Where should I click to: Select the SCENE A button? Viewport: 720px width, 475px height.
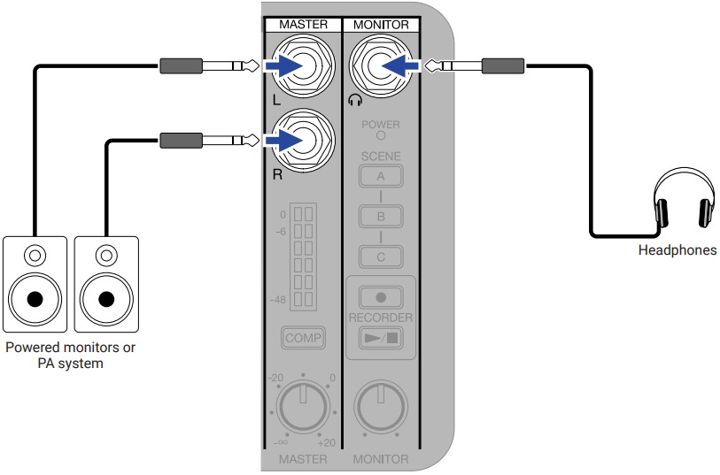381,176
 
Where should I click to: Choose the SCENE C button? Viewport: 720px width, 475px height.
381,257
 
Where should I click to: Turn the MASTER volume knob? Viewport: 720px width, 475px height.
302,405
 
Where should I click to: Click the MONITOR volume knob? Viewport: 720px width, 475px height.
380,405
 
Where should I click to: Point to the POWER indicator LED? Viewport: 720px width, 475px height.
381,136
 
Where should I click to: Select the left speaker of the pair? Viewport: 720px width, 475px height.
34,281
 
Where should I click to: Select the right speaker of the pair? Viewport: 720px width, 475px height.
106,281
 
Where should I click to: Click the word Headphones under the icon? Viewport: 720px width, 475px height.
677,250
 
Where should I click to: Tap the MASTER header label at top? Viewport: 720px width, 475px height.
303,24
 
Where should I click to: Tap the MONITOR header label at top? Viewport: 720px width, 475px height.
380,24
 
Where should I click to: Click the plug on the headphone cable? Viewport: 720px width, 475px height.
474,65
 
